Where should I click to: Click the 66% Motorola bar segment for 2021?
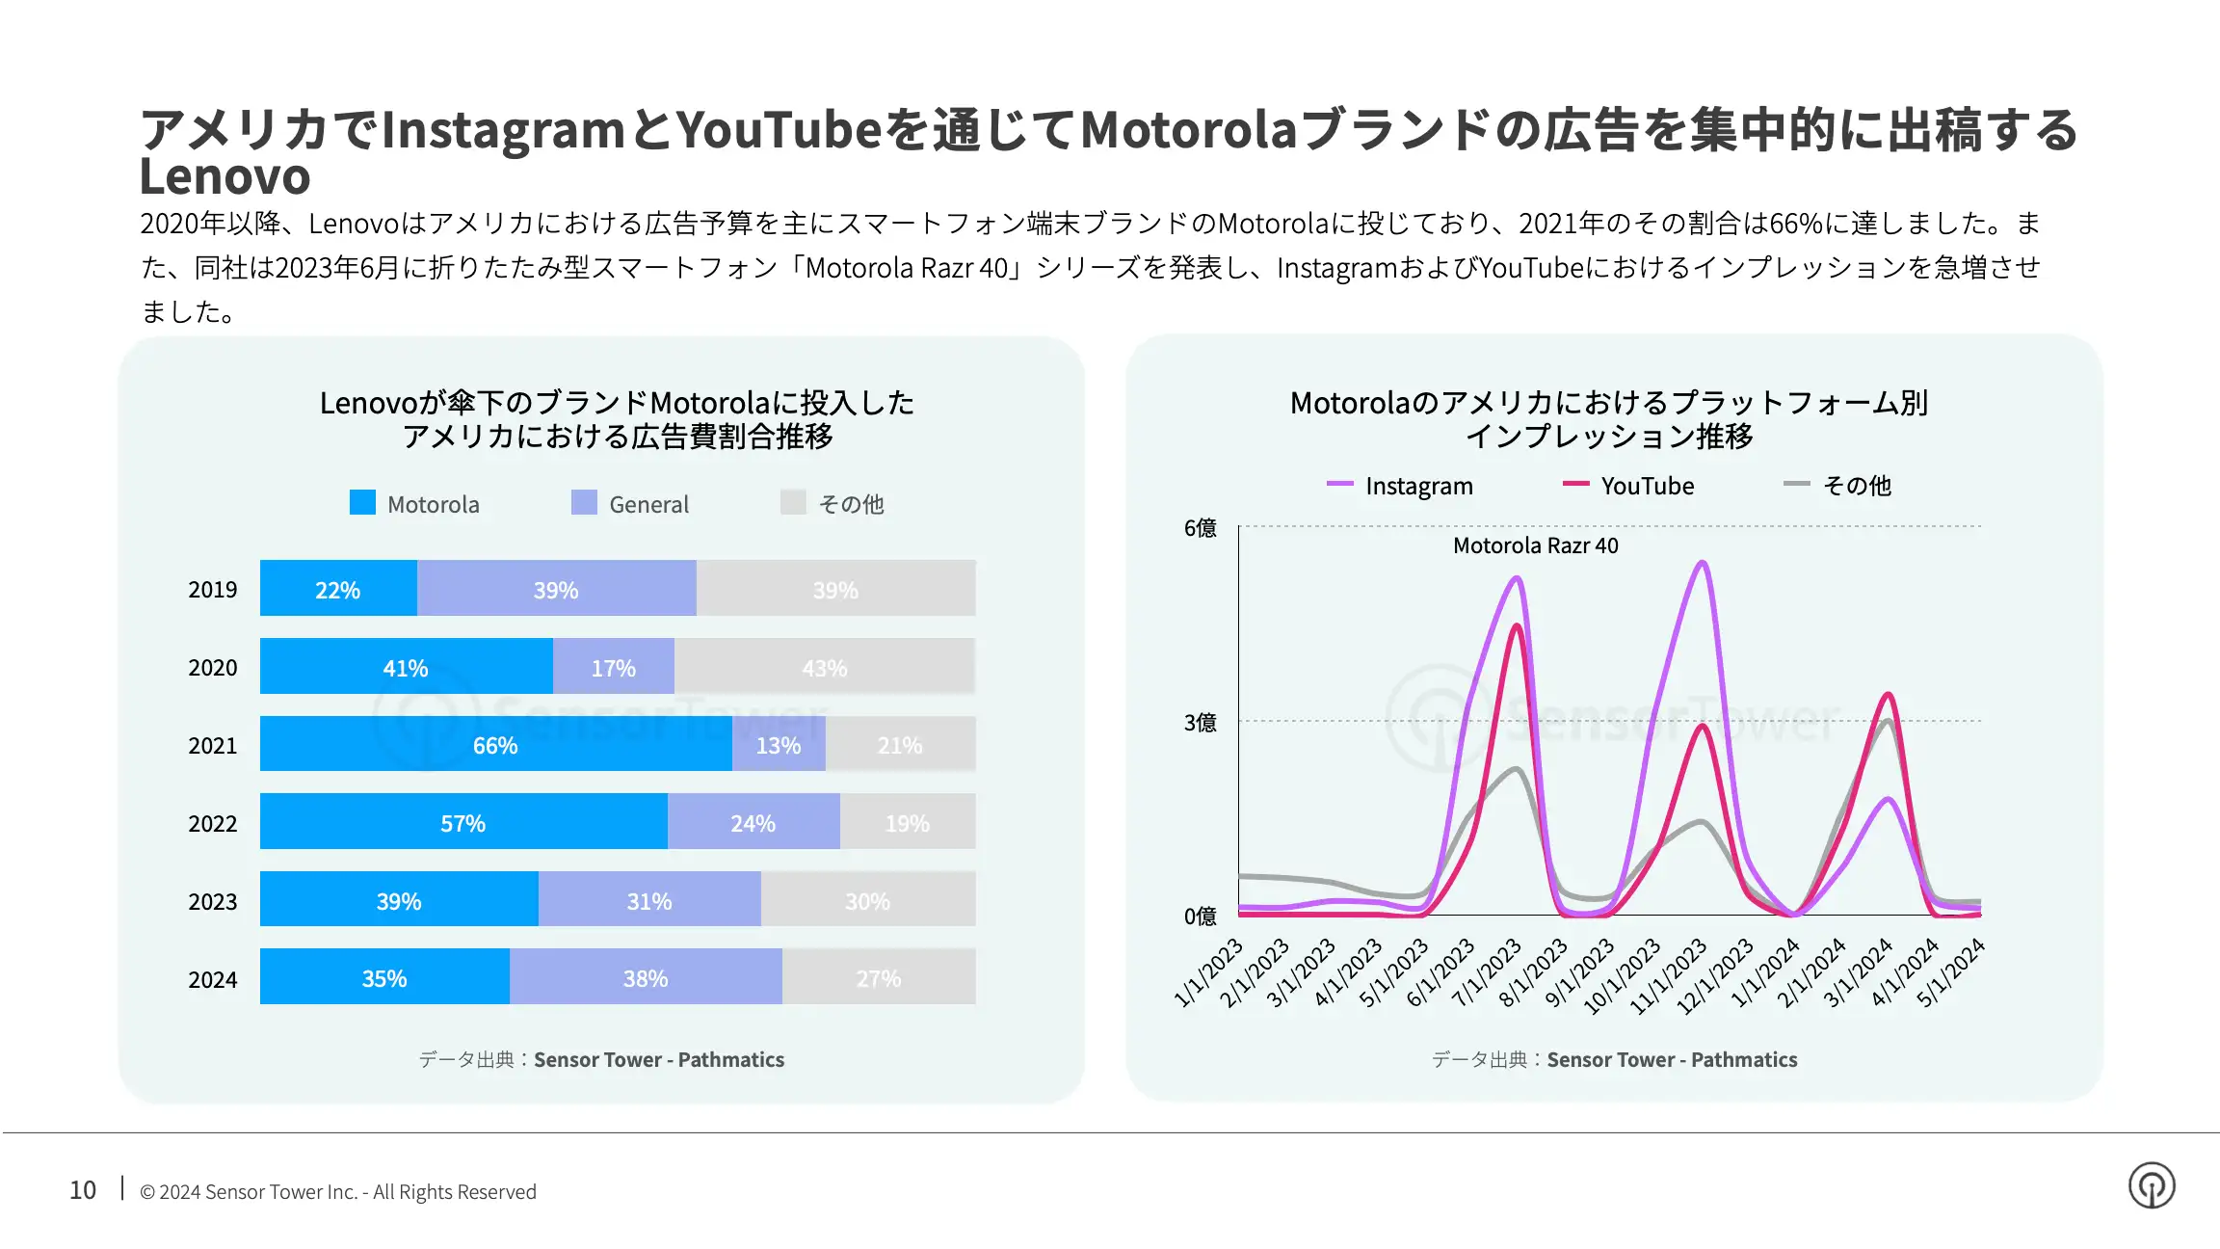click(496, 744)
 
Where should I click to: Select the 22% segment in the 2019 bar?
click(338, 588)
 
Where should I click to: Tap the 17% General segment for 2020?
click(614, 666)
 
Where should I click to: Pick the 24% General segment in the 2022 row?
click(753, 822)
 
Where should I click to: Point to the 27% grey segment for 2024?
click(879, 977)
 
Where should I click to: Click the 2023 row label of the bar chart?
click(213, 902)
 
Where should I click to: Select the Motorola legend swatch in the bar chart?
click(362, 502)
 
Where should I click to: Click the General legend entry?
click(630, 503)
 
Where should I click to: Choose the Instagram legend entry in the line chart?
click(1400, 486)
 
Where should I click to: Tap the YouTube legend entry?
click(1628, 486)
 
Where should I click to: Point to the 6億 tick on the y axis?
click(1201, 528)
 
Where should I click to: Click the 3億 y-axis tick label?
click(1201, 723)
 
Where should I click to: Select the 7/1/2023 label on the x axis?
click(1487, 972)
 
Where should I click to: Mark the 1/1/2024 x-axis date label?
click(1765, 972)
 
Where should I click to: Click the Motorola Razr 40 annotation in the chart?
click(1536, 545)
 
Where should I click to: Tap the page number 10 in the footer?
click(83, 1190)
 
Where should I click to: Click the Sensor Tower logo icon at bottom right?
click(2152, 1185)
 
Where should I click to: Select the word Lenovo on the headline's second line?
click(225, 176)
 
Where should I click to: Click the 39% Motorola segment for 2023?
click(399, 900)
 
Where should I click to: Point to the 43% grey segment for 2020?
click(825, 666)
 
